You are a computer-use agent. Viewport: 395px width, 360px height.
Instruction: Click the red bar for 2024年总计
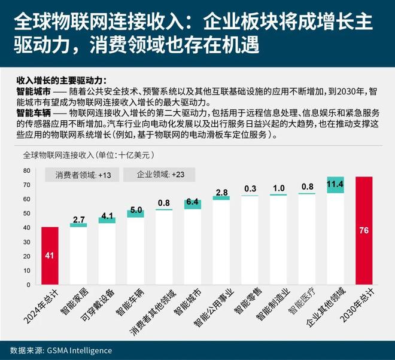(50, 256)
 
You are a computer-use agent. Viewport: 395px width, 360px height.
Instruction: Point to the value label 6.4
(192, 203)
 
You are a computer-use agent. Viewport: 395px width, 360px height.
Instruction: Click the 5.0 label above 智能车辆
(135, 210)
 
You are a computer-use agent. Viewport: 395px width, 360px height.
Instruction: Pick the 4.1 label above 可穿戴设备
(107, 215)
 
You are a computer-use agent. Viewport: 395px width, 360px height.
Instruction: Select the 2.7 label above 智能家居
(78, 219)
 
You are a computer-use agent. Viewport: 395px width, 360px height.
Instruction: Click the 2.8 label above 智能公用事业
(221, 192)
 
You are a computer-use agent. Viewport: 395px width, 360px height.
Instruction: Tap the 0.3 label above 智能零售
(250, 189)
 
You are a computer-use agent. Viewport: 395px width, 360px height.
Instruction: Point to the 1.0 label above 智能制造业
(278, 188)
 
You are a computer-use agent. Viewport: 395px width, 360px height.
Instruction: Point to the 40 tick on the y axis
(27, 228)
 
